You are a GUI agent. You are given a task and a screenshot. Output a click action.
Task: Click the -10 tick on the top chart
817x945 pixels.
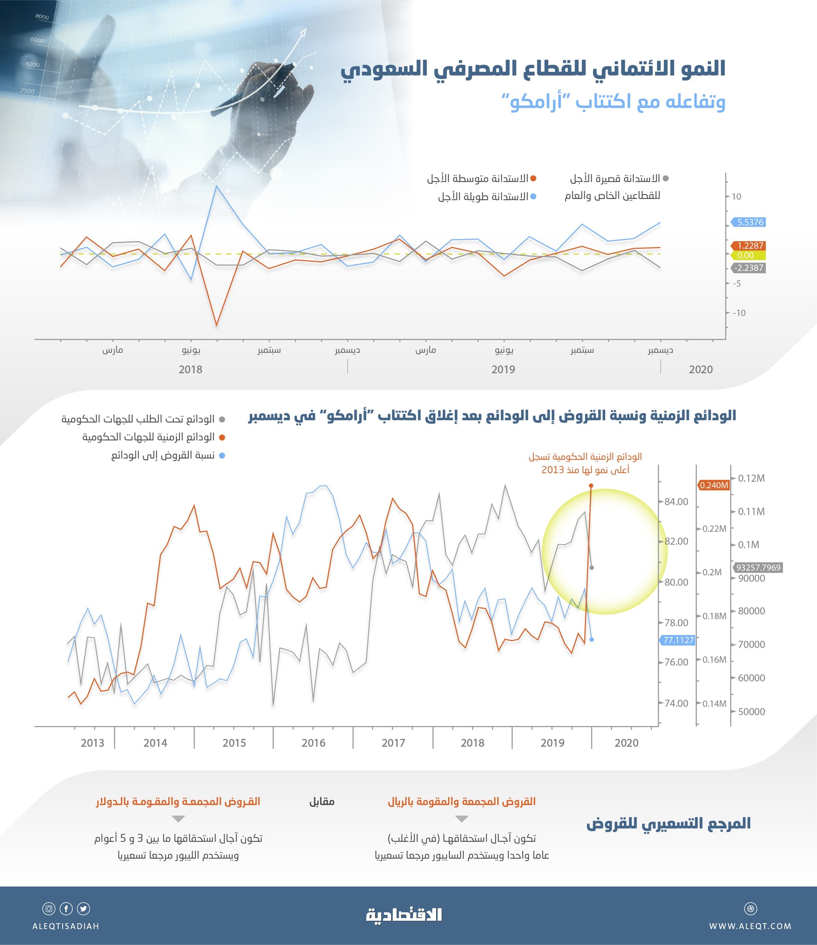(739, 313)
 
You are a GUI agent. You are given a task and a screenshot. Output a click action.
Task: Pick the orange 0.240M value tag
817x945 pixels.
(714, 485)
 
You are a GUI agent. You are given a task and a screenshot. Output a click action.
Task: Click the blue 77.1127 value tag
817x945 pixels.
(678, 640)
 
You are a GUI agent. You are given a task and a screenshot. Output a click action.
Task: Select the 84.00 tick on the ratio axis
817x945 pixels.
(676, 502)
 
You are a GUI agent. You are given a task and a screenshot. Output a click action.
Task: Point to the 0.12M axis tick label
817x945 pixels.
(751, 478)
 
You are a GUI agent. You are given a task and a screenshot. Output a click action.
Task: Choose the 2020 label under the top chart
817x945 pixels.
(700, 369)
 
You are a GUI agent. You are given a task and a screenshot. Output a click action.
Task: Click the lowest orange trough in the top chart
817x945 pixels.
(216, 325)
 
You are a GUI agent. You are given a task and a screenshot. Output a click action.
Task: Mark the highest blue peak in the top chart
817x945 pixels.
(216, 186)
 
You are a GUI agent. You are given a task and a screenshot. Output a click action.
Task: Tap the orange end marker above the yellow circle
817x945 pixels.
(591, 486)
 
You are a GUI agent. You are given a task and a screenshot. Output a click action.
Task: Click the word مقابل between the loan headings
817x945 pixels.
(322, 801)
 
